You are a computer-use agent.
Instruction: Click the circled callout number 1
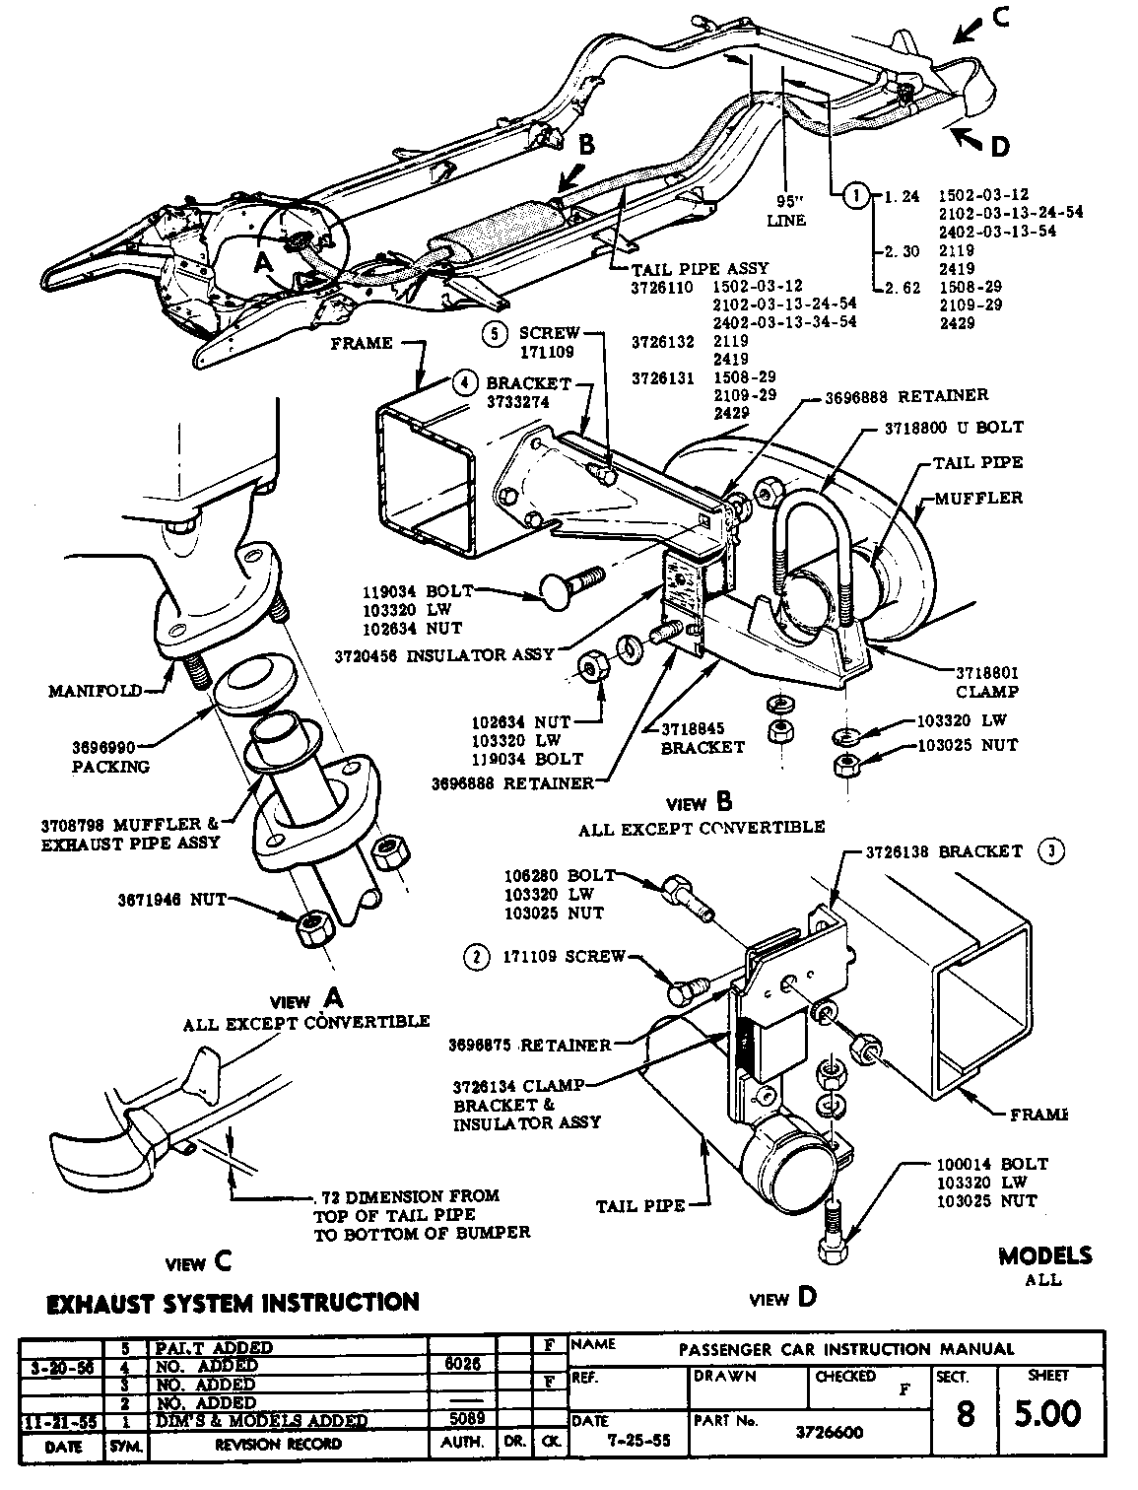(x=856, y=195)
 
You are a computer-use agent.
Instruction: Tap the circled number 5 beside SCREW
(x=495, y=333)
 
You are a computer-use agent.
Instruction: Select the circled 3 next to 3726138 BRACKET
(x=1051, y=852)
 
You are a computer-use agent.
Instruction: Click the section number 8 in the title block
(x=964, y=1415)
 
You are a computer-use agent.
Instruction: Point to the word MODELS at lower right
(x=1044, y=1255)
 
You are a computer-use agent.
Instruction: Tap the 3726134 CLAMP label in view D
(x=518, y=1086)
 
